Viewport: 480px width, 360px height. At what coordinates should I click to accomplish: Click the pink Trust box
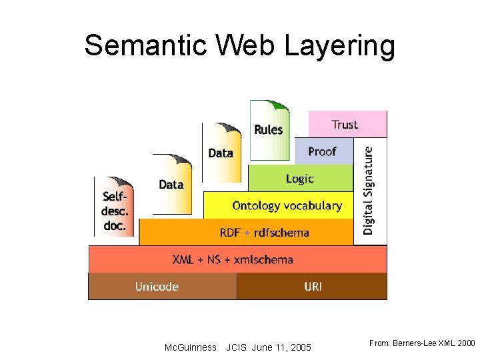click(347, 124)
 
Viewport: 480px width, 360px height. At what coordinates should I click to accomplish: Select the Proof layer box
click(323, 151)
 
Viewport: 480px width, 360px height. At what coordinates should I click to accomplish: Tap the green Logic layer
click(300, 178)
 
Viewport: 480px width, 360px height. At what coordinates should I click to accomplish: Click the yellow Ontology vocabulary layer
click(287, 205)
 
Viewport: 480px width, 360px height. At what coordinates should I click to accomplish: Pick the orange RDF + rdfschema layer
click(264, 232)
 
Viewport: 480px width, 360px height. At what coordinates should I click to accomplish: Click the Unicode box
click(157, 287)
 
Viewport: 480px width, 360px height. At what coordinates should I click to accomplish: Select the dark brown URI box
click(312, 287)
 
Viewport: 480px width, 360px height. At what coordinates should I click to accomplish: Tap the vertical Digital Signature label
click(369, 190)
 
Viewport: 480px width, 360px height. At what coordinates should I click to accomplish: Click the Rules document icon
click(269, 131)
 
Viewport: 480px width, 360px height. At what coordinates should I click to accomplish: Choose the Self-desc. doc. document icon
click(115, 207)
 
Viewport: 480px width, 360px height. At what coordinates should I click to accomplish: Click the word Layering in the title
click(340, 47)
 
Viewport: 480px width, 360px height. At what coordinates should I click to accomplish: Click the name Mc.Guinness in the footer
click(190, 347)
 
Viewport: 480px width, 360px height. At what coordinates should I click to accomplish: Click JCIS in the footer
click(237, 347)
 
